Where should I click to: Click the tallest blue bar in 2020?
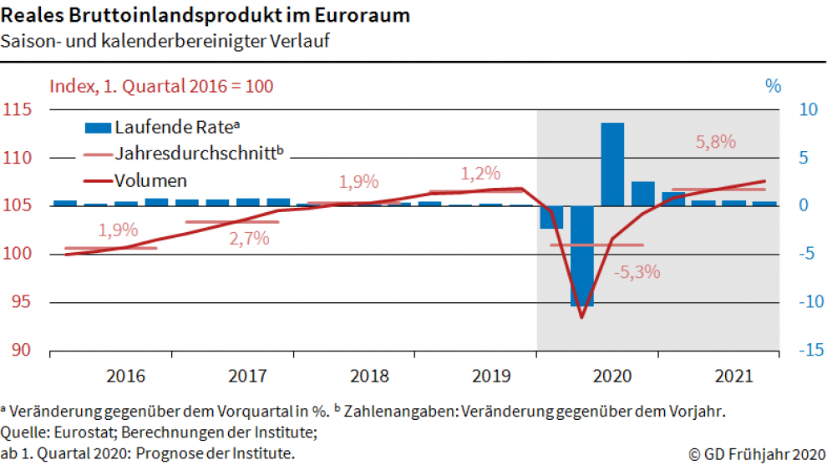tap(612, 164)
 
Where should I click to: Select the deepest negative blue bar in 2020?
tap(582, 255)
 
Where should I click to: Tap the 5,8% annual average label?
tap(716, 142)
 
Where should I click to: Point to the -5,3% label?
tap(637, 271)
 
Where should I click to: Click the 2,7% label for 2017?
tap(249, 238)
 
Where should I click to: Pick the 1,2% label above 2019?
tap(480, 174)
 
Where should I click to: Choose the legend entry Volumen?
tap(150, 180)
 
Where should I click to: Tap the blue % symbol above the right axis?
tap(773, 85)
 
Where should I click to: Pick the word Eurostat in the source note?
tap(81, 432)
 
